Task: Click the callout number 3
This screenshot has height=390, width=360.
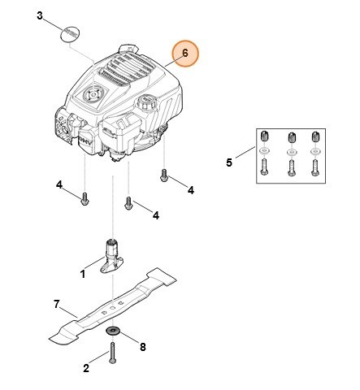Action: (x=41, y=17)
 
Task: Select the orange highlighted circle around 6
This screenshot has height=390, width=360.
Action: (x=184, y=53)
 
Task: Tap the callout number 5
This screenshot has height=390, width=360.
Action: (x=228, y=163)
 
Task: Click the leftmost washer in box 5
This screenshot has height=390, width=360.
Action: (x=264, y=152)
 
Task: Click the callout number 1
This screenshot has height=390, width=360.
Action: (x=83, y=275)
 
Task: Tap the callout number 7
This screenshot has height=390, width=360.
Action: (x=57, y=305)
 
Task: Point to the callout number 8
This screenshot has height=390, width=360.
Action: (x=143, y=347)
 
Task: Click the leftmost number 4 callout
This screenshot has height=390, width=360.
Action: (x=59, y=185)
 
